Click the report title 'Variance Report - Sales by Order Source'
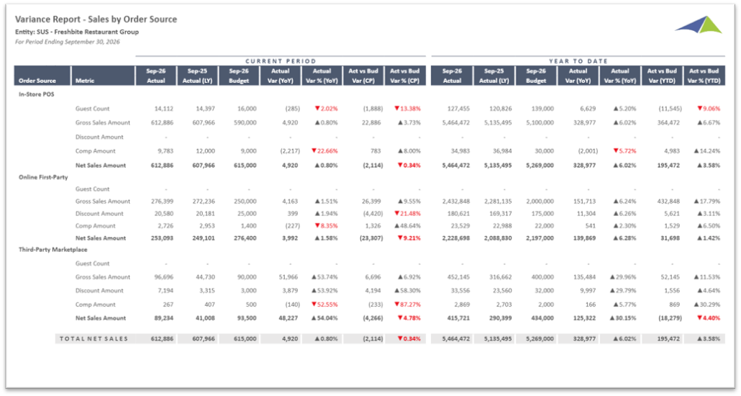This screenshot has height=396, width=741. [x=96, y=19]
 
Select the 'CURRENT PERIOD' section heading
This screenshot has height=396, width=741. [x=281, y=61]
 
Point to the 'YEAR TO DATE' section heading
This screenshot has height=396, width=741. [x=577, y=61]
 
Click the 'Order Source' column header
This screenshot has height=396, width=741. [x=37, y=81]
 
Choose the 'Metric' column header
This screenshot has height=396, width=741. [x=85, y=81]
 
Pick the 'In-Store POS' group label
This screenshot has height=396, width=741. [x=37, y=94]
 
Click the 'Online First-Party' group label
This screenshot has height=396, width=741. [x=43, y=177]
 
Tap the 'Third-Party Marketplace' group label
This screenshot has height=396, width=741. [x=53, y=250]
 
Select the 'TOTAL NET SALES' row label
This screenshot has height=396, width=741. [x=94, y=338]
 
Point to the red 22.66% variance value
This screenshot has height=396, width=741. [x=322, y=151]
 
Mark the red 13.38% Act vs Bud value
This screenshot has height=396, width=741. [x=407, y=109]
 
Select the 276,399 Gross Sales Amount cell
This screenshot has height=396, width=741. [x=162, y=202]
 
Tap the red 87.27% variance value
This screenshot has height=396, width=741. [x=407, y=305]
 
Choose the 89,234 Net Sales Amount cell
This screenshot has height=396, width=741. [x=163, y=318]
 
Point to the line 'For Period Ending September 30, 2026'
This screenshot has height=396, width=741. [x=67, y=42]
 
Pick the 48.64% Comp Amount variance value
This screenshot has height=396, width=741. [x=407, y=226]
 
